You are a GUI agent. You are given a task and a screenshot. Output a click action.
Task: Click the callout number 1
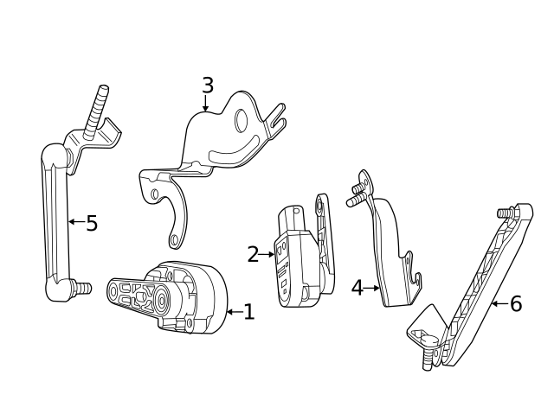pyautogui.click(x=248, y=312)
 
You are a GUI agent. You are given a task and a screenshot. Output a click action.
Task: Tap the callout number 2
pyautogui.click(x=253, y=254)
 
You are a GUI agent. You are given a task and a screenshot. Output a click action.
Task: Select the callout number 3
pyautogui.click(x=207, y=85)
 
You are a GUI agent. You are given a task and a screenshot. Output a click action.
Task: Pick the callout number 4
pyautogui.click(x=358, y=288)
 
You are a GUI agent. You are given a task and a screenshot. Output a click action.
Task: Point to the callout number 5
pyautogui.click(x=92, y=223)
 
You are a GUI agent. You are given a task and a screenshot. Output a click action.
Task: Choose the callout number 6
pyautogui.click(x=515, y=303)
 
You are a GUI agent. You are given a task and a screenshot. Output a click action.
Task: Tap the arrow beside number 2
pyautogui.click(x=267, y=254)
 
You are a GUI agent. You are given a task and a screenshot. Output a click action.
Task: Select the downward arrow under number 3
pyautogui.click(x=207, y=105)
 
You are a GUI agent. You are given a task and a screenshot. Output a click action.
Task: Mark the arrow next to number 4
pyautogui.click(x=373, y=288)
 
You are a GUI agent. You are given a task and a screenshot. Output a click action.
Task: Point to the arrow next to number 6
pyautogui.click(x=498, y=303)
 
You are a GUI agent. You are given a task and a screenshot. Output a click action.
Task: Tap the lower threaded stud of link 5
pyautogui.click(x=83, y=286)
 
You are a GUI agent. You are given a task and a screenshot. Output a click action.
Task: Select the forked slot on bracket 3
pyautogui.click(x=277, y=118)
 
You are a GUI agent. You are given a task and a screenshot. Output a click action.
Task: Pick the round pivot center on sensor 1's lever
pyautogui.click(x=161, y=302)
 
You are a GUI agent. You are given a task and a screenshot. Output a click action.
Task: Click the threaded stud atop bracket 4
pyautogui.click(x=355, y=200)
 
